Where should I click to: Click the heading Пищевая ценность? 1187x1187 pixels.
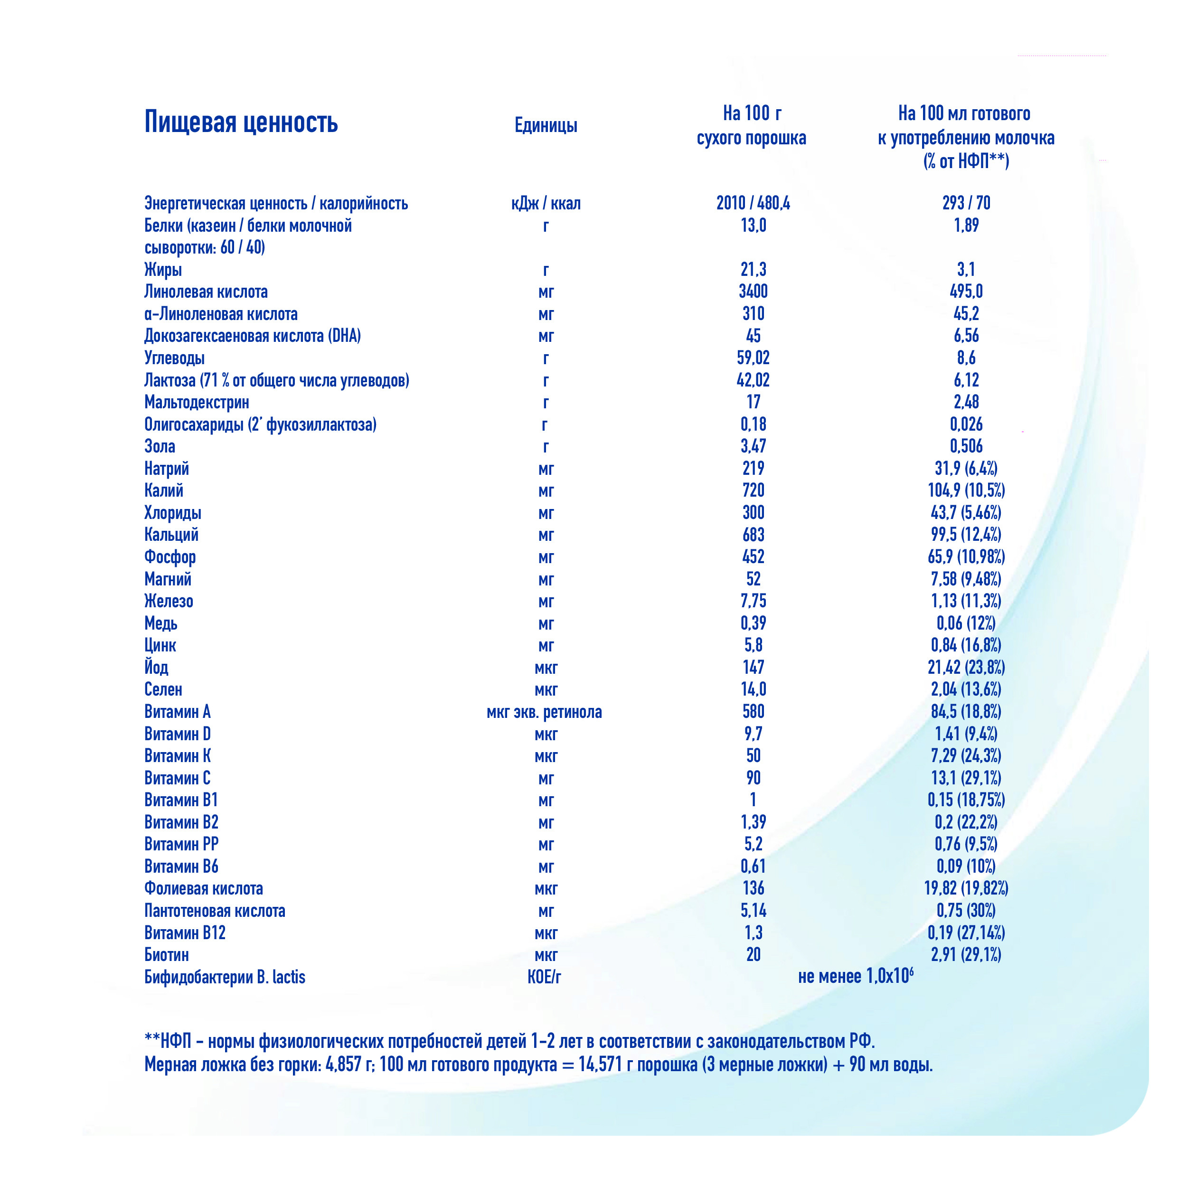click(x=241, y=122)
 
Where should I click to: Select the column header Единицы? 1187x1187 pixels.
click(x=546, y=125)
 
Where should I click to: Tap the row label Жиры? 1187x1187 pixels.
click(x=163, y=270)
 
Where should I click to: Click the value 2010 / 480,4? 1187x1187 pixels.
click(x=753, y=203)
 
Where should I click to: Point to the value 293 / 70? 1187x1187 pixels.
click(x=966, y=203)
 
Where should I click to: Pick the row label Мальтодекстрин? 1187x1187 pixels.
click(x=197, y=403)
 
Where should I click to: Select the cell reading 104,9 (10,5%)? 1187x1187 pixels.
click(x=966, y=490)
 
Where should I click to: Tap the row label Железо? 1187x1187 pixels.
click(x=169, y=601)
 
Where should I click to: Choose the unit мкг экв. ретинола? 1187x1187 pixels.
click(x=544, y=712)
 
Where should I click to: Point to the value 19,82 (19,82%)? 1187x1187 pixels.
click(x=966, y=888)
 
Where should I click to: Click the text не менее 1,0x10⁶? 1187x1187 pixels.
click(x=855, y=976)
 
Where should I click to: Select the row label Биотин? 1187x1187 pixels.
click(x=167, y=955)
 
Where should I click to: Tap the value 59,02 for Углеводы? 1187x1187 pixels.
click(x=753, y=358)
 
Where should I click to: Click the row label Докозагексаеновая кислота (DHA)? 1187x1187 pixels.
click(x=253, y=336)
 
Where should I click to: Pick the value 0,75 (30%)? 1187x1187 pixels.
click(x=966, y=911)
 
